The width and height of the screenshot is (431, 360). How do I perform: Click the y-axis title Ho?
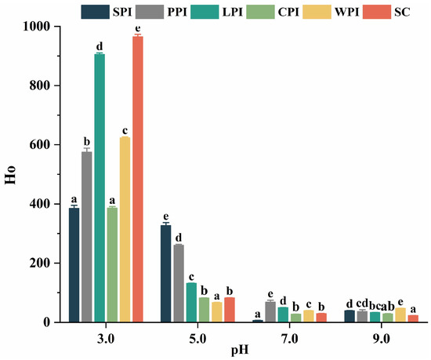(x=10, y=174)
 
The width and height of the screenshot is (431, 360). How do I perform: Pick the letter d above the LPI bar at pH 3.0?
(x=100, y=46)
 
